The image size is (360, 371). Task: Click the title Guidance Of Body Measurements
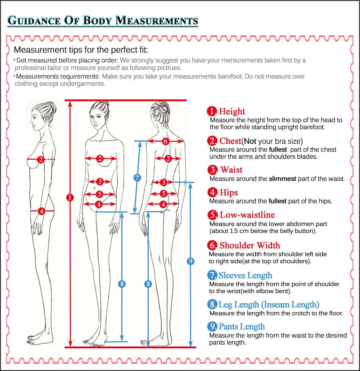click(x=103, y=20)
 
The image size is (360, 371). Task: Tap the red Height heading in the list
click(x=232, y=112)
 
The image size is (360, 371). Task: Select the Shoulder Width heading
click(x=249, y=246)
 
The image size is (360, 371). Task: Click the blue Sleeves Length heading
click(x=245, y=276)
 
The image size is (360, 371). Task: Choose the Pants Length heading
click(x=242, y=327)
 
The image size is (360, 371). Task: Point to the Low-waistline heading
click(x=247, y=215)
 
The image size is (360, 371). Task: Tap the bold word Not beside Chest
click(x=251, y=141)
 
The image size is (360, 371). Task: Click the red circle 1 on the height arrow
click(x=70, y=197)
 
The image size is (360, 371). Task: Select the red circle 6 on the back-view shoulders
click(x=165, y=141)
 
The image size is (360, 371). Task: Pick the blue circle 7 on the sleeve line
click(x=137, y=177)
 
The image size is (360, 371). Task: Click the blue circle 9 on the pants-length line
click(x=190, y=261)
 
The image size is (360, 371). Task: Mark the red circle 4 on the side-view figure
click(x=42, y=211)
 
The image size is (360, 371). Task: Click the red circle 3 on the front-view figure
click(x=100, y=182)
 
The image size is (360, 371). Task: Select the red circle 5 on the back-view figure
click(x=163, y=193)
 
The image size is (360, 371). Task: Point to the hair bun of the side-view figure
click(x=51, y=107)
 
